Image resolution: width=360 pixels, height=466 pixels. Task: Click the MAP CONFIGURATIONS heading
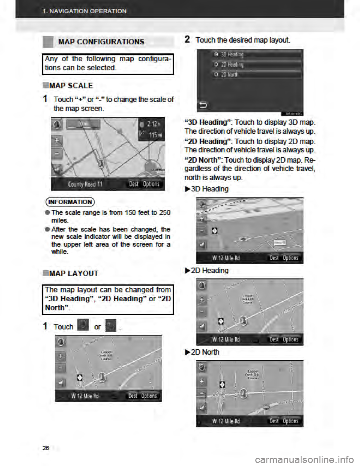[x=101, y=42]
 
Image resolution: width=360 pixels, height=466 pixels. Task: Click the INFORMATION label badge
[x=71, y=202]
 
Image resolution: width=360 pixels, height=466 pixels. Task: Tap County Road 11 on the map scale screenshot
[x=85, y=184]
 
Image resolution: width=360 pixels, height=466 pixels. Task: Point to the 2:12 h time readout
[x=154, y=125]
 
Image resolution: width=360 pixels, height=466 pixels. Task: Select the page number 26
[x=46, y=447]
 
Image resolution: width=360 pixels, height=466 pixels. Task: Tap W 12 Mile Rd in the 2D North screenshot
[x=226, y=421]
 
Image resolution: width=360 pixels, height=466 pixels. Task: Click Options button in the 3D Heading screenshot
[x=291, y=258]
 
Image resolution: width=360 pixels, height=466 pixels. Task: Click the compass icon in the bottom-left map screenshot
[x=61, y=342]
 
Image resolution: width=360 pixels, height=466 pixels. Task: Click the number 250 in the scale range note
[x=165, y=213]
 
